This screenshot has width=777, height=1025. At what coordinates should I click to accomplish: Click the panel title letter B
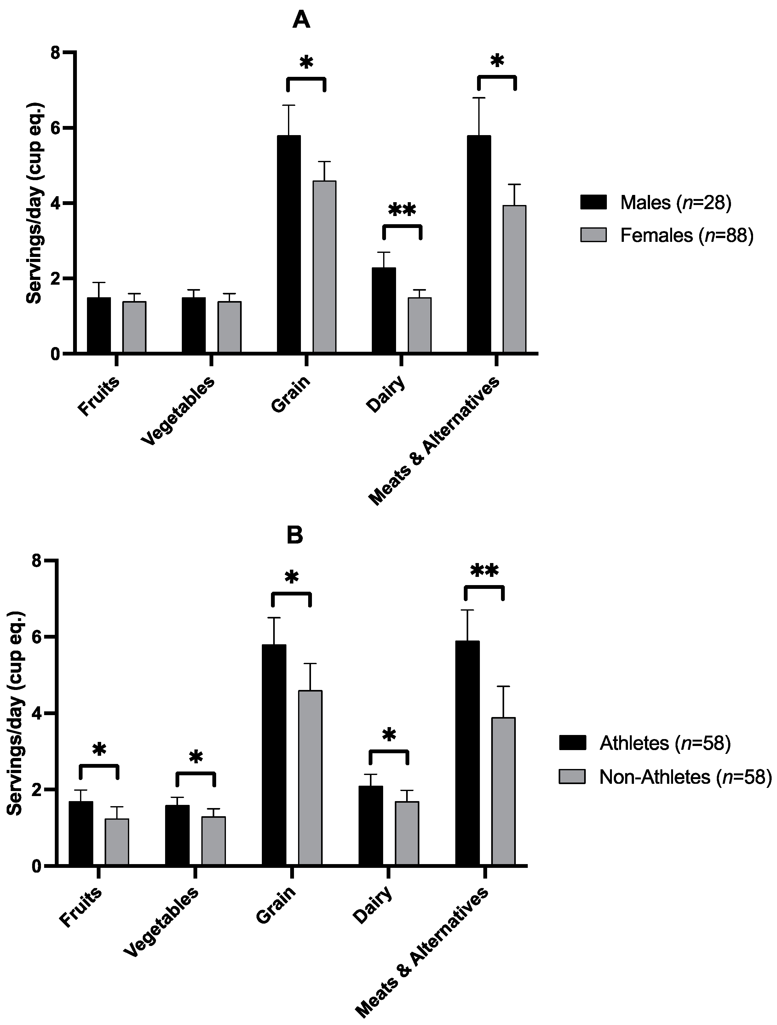pos(295,535)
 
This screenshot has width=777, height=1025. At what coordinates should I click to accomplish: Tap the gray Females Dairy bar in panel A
pos(420,325)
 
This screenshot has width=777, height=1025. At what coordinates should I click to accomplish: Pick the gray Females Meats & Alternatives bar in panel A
pos(515,279)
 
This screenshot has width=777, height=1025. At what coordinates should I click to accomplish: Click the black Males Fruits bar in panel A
pos(99,325)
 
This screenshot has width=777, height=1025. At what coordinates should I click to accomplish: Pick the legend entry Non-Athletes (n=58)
pos(665,777)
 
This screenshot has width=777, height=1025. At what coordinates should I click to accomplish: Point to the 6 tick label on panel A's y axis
pos(56,128)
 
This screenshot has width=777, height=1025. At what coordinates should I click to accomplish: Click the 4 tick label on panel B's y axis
pos(39,714)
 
